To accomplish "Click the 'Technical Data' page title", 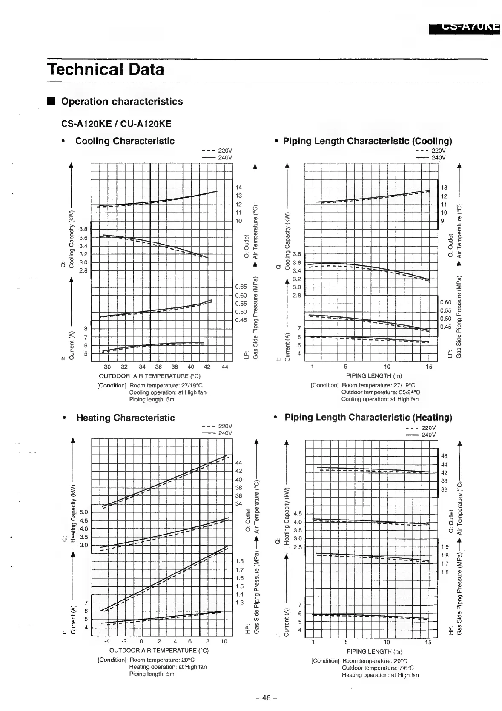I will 106,69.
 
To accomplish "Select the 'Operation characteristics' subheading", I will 122,102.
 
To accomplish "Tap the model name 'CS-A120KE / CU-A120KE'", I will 116,124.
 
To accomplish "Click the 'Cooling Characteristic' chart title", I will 125,141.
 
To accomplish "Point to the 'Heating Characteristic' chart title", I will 126,418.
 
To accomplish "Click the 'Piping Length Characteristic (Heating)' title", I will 368,417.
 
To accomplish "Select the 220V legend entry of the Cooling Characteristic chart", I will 217,151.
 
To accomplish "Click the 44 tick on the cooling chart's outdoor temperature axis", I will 225,367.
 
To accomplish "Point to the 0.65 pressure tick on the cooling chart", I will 241,287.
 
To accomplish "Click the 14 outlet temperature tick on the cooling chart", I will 239,188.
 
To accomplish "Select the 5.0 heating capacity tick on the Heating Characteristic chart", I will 84,512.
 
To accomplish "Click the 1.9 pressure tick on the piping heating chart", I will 445,547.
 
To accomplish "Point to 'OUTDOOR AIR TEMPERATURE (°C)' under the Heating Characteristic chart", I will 159,651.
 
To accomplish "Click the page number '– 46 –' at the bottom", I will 267,698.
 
